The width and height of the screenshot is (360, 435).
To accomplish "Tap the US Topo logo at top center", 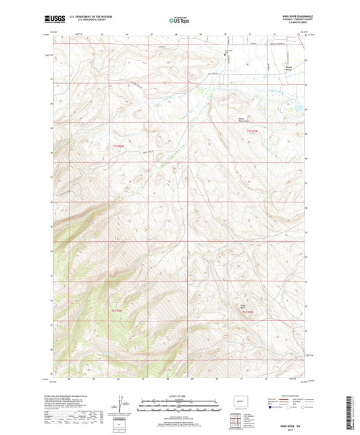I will [179, 20].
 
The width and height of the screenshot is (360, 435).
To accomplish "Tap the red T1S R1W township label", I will [252, 130].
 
